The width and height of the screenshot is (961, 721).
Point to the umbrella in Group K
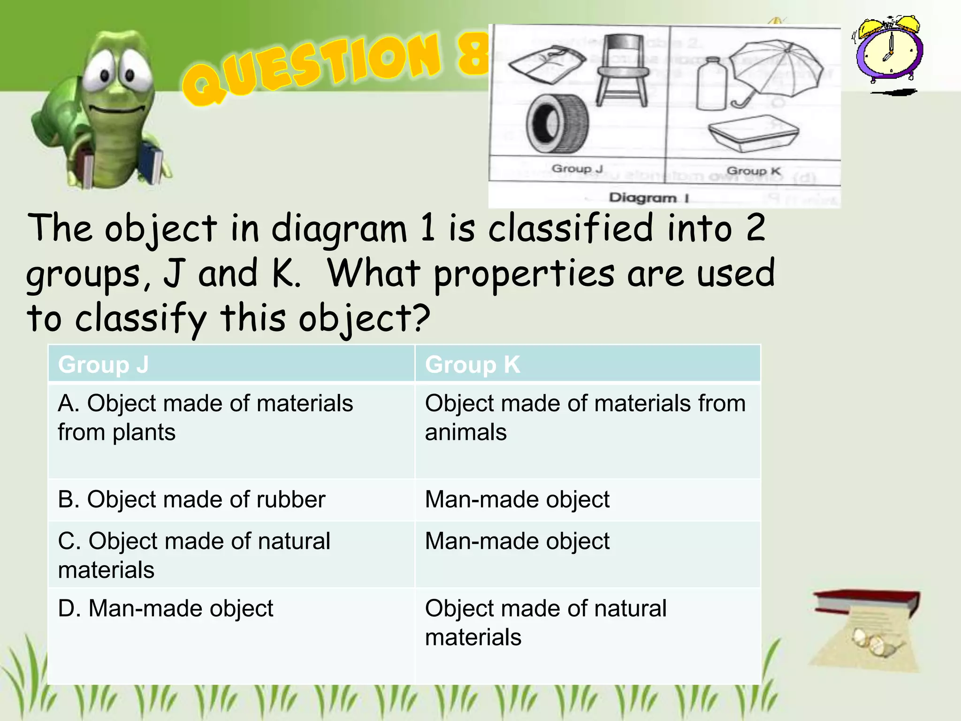click(x=775, y=70)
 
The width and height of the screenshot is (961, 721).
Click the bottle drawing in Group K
click(x=711, y=84)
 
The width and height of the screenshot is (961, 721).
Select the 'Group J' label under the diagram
click(x=577, y=169)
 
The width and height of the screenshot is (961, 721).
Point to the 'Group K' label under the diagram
click(x=753, y=171)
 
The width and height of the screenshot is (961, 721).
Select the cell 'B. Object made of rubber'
click(x=191, y=499)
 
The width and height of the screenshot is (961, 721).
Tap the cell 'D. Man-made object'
click(x=165, y=608)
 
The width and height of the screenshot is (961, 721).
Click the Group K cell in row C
click(x=517, y=541)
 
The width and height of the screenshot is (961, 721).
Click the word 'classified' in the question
click(x=571, y=229)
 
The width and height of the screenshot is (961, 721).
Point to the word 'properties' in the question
click(x=524, y=274)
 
